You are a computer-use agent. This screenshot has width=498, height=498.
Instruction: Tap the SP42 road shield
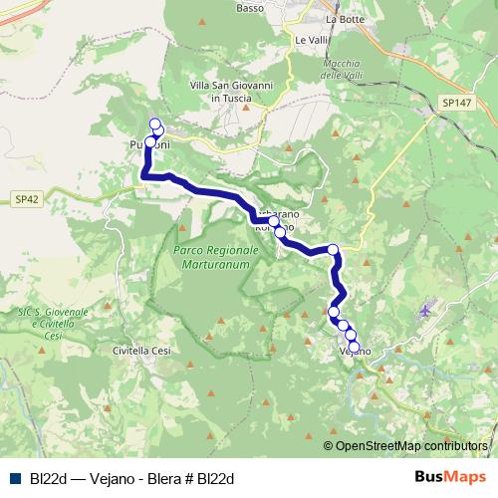click(x=28, y=199)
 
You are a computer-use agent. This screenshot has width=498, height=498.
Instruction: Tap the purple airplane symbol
click(x=427, y=311)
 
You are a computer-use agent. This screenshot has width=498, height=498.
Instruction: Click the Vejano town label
click(x=356, y=353)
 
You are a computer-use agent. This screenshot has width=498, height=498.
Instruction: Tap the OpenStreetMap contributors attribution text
click(x=410, y=446)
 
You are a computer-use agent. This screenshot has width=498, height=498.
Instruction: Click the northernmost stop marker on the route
click(x=154, y=124)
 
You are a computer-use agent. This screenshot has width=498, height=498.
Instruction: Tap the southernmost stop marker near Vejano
click(x=355, y=346)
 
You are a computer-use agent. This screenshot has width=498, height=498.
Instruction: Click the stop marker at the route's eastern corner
click(x=333, y=249)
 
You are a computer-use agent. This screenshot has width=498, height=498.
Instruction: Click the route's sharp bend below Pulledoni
click(x=147, y=176)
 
